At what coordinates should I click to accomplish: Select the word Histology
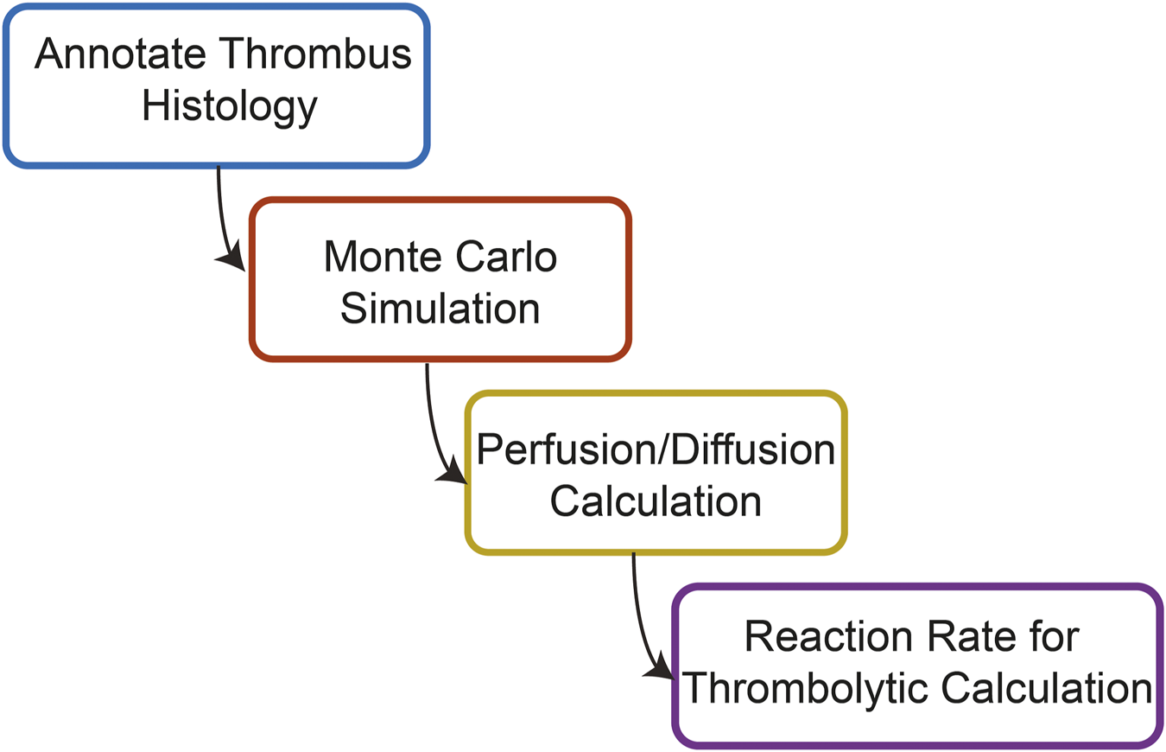230,106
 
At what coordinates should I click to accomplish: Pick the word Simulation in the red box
440,309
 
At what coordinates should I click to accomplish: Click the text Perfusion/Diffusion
656,449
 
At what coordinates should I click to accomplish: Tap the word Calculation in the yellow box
656,501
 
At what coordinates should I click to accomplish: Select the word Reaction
828,639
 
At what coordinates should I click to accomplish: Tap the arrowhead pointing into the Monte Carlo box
232,258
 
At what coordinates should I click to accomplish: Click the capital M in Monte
339,257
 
